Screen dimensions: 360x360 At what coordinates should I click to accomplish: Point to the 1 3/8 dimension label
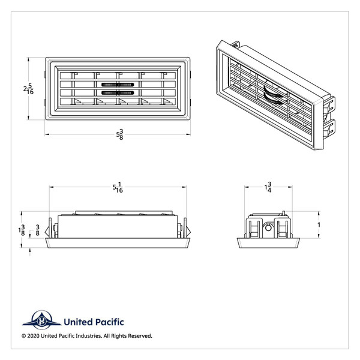23,230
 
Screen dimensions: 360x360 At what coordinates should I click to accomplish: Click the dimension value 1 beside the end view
319,225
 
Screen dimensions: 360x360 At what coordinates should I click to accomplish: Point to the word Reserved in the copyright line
139,336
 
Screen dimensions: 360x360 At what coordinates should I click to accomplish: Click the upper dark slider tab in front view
118,85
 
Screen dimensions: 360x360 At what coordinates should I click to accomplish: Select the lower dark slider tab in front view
118,93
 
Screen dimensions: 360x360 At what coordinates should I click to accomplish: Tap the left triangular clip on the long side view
55,230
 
